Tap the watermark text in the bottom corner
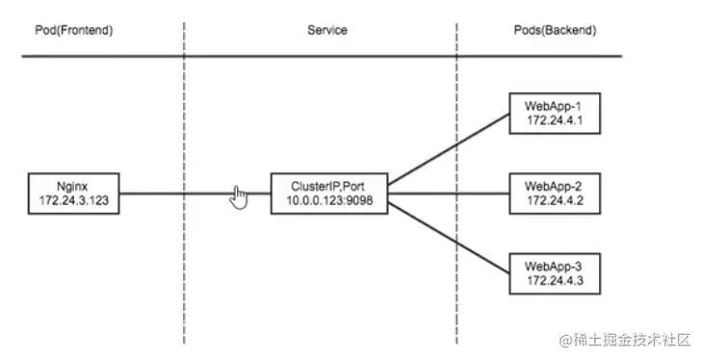(620, 341)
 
